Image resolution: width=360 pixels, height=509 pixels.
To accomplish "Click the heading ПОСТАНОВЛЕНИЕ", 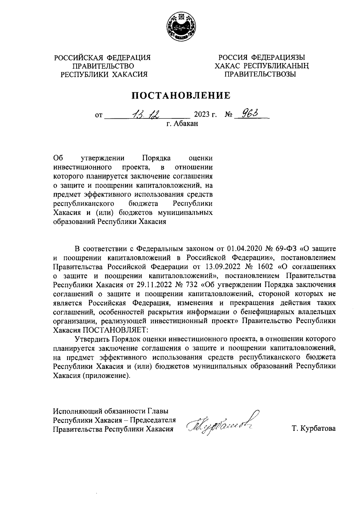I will click(x=182, y=95).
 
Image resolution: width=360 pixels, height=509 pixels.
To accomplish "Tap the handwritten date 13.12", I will click(x=146, y=114).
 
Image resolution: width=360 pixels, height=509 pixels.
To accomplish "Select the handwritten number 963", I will click(x=248, y=114).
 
